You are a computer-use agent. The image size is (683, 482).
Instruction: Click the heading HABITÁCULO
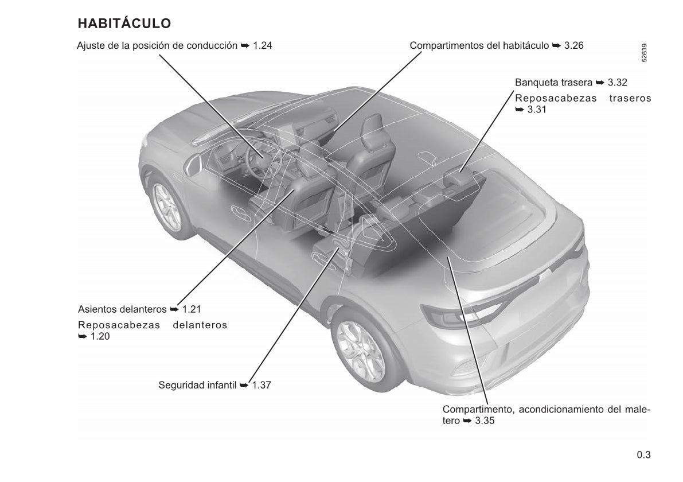pos(124,23)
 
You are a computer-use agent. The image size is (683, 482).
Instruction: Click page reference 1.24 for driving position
pos(263,45)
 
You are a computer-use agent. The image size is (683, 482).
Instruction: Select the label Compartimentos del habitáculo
pos(479,45)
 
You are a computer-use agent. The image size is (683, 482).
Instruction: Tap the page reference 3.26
pos(573,45)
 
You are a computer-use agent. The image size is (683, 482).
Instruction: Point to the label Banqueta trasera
pos(553,83)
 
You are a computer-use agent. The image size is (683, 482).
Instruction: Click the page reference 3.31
pos(537,110)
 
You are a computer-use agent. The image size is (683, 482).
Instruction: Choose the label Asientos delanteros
pos(122,309)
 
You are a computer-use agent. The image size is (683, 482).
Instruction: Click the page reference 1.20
pos(100,336)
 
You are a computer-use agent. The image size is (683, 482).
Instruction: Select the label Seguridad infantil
pos(197,385)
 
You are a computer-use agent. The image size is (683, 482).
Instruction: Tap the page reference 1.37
pos(262,385)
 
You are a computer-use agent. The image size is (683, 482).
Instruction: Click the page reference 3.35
pos(485,421)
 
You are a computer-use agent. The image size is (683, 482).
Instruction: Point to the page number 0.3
pos(644,455)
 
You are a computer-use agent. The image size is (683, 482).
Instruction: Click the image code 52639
pos(644,53)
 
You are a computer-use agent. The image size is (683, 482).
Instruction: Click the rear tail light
pos(458,314)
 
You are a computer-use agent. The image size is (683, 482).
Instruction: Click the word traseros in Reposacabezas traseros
pos(630,99)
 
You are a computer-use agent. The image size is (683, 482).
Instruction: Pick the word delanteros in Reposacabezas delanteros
pos(200,325)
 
